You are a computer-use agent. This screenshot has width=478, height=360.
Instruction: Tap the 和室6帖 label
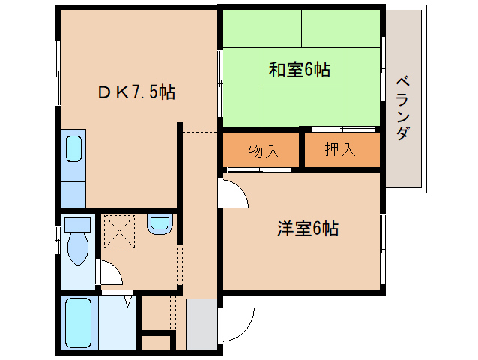point(300,70)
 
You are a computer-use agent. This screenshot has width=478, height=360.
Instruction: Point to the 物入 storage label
point(264,151)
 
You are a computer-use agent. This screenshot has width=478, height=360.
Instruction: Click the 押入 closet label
point(340,151)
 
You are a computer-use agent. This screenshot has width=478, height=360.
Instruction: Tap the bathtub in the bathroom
point(78,323)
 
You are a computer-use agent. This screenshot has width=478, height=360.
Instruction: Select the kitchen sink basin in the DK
point(74,148)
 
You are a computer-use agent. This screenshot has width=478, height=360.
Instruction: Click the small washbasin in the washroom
point(160,223)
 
